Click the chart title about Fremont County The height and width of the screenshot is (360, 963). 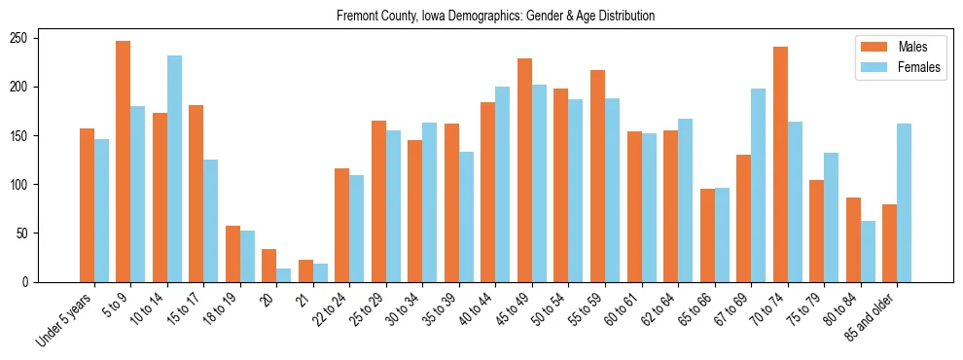tap(495, 17)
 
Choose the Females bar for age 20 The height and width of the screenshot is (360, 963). tap(284, 275)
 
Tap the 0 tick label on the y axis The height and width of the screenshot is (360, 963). tap(27, 282)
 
